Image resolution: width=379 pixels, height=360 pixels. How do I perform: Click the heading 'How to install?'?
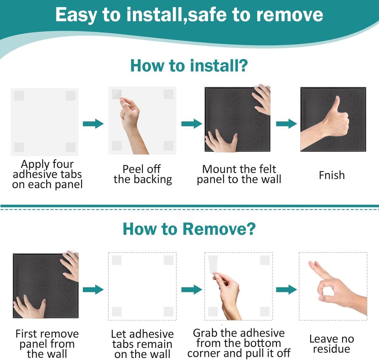(x=189, y=66)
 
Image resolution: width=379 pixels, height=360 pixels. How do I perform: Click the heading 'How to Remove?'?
(x=189, y=229)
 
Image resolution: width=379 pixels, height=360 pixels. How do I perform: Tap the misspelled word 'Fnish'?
(x=332, y=175)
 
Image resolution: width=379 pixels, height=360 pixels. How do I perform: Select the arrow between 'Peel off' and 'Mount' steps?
(x=192, y=124)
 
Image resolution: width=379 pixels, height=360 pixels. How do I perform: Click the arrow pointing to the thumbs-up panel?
(x=286, y=124)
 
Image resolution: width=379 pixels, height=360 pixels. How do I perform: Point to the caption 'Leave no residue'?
(x=332, y=344)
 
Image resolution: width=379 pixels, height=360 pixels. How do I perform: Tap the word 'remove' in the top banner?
(x=290, y=15)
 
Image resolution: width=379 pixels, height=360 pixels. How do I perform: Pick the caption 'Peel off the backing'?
(x=143, y=174)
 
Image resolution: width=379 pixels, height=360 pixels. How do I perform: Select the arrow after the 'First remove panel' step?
(x=93, y=290)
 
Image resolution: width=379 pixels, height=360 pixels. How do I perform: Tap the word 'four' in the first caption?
(x=63, y=164)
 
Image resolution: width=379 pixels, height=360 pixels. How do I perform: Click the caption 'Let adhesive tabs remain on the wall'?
(x=142, y=344)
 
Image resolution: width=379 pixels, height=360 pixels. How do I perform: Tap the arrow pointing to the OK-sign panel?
(x=286, y=290)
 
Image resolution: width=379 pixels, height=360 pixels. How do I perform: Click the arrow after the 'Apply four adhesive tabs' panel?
(x=93, y=124)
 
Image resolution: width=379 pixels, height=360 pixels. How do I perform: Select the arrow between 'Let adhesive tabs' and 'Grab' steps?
(x=192, y=290)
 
